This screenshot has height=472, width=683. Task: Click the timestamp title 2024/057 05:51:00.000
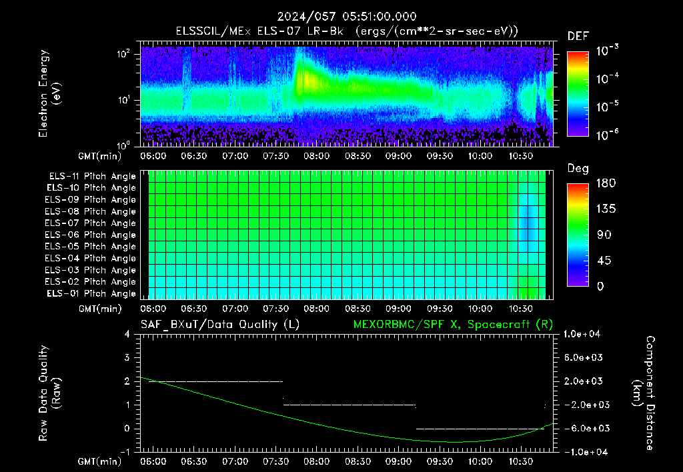click(347, 17)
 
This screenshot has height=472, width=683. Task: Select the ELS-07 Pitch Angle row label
click(90, 223)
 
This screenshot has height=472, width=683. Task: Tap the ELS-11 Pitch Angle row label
click(92, 177)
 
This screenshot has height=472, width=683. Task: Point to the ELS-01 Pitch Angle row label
click(91, 293)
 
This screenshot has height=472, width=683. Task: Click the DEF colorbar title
click(578, 36)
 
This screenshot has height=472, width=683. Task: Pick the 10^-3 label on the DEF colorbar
click(608, 51)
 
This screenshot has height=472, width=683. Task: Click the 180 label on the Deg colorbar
click(606, 183)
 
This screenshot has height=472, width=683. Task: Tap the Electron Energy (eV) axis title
click(49, 93)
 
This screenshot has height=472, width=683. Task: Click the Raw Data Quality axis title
click(49, 393)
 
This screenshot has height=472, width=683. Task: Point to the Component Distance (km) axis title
click(644, 393)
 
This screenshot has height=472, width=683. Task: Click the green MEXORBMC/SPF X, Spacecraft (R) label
click(453, 325)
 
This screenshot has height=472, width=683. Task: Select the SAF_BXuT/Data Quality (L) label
click(220, 325)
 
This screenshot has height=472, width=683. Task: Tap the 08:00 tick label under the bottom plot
click(317, 461)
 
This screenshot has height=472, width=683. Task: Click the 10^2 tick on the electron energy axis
click(123, 54)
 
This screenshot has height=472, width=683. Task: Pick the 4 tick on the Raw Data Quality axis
click(127, 334)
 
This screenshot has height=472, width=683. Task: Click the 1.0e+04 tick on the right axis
click(582, 334)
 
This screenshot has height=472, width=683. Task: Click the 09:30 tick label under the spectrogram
click(440, 156)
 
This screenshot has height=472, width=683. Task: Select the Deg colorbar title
click(578, 169)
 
